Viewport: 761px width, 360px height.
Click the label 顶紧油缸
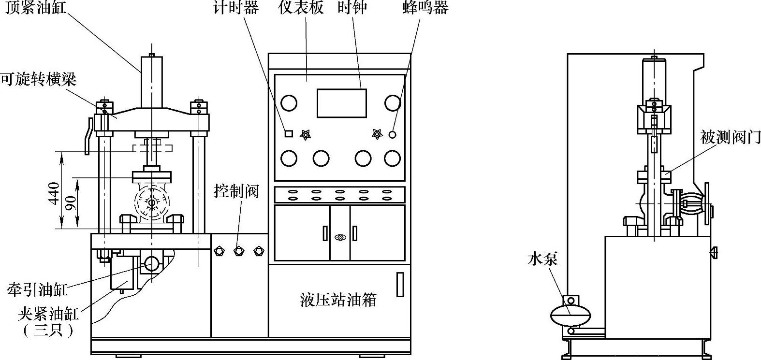click(x=36, y=8)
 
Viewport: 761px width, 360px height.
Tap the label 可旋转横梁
click(x=38, y=79)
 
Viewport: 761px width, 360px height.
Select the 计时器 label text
click(x=236, y=8)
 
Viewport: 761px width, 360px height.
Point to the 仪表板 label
click(x=301, y=8)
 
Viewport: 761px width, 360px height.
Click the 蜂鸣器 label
click(x=425, y=8)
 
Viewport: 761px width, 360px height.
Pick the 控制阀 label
click(x=237, y=192)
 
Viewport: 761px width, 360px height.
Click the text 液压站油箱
click(x=338, y=300)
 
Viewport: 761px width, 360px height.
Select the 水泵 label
click(x=543, y=259)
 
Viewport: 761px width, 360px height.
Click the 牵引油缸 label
click(x=37, y=289)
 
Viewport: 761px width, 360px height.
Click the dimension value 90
click(x=71, y=202)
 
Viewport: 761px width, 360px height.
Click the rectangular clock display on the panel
click(x=341, y=103)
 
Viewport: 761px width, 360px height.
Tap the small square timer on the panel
click(x=288, y=134)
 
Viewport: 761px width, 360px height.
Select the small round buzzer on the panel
click(x=393, y=134)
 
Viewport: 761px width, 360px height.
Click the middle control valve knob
click(x=238, y=251)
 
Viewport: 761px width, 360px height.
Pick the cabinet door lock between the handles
click(x=340, y=237)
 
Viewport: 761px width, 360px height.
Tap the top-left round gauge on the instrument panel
click(x=289, y=102)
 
